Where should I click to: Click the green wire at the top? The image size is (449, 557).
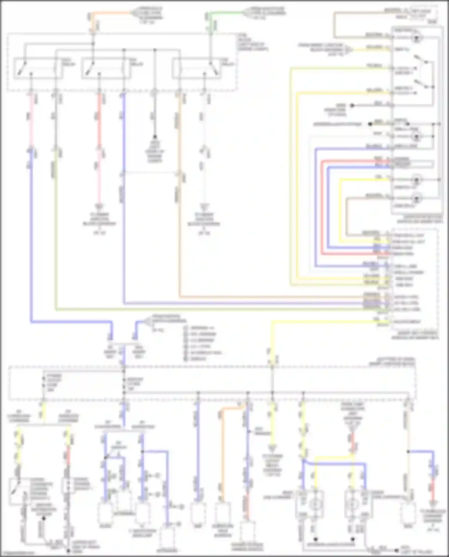tap(227, 13)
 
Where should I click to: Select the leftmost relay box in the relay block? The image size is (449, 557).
tap(38, 68)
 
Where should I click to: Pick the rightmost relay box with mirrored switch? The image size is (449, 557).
tap(197, 68)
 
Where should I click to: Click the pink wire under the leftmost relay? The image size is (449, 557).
tap(31, 120)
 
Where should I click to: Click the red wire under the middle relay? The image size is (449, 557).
tap(99, 120)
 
